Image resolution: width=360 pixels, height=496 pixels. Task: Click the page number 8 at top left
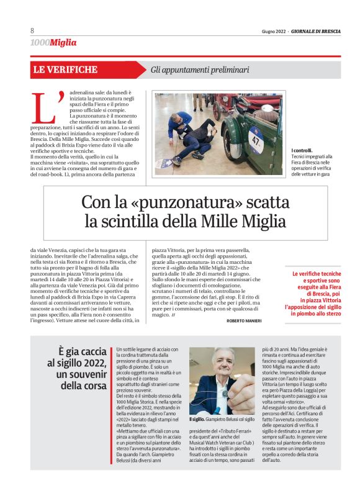click(32, 31)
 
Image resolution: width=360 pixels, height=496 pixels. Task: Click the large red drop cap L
click(47, 107)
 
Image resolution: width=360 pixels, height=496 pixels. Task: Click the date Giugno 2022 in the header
click(273, 32)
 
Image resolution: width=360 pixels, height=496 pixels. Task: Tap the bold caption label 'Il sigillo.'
click(199, 420)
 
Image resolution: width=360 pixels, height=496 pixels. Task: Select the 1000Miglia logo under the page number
click(53, 42)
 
